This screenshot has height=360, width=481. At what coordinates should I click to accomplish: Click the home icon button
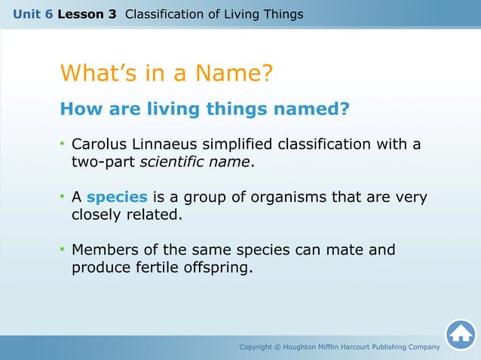pyautogui.click(x=461, y=334)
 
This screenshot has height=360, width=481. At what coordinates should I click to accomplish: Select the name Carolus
pyautogui.click(x=100, y=144)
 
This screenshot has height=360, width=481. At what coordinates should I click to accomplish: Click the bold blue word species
pyautogui.click(x=117, y=197)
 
